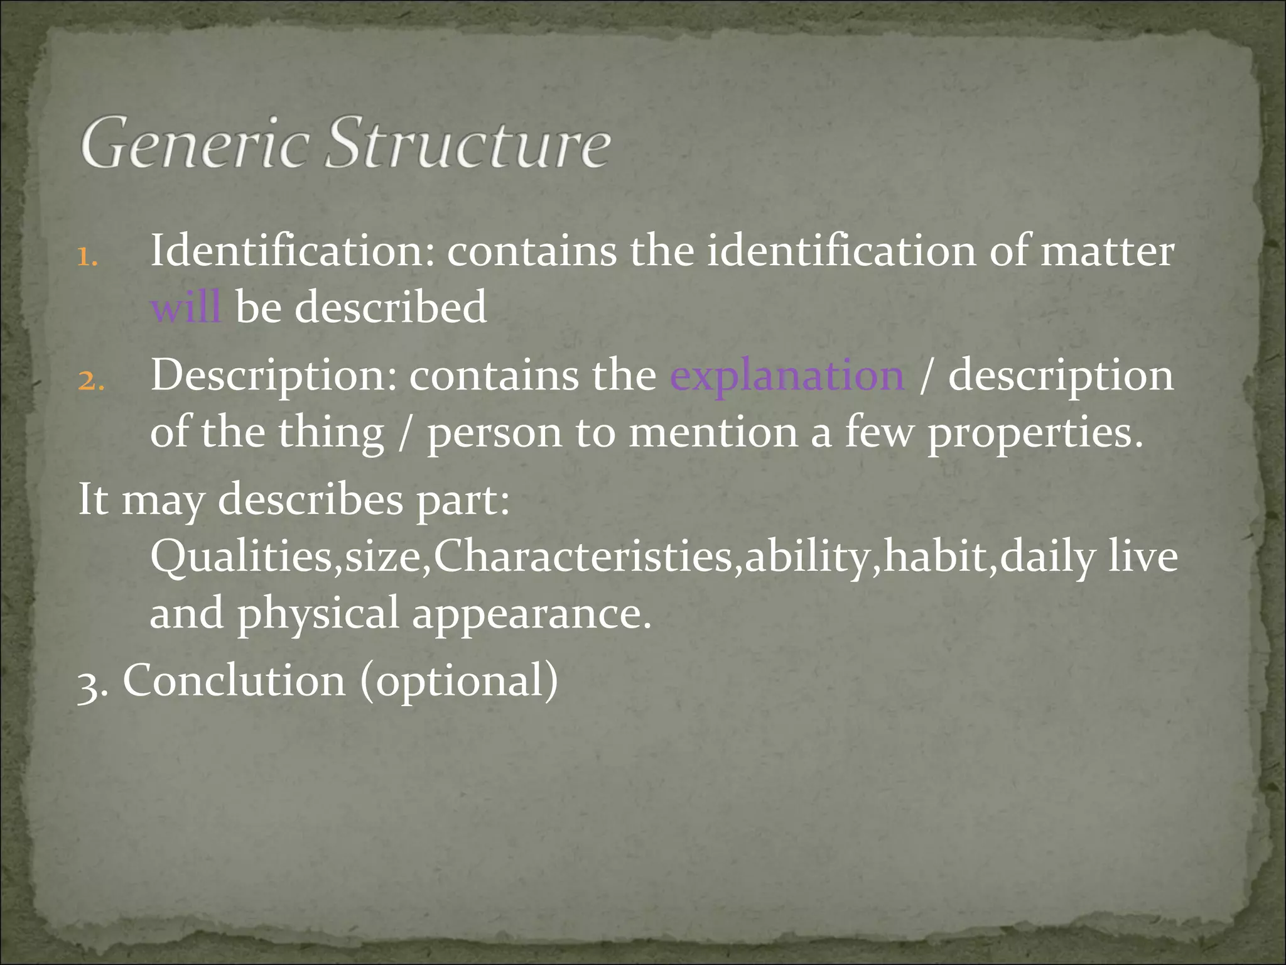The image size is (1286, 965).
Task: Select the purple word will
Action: click(x=186, y=308)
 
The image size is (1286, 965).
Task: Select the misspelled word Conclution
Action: click(x=234, y=680)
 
